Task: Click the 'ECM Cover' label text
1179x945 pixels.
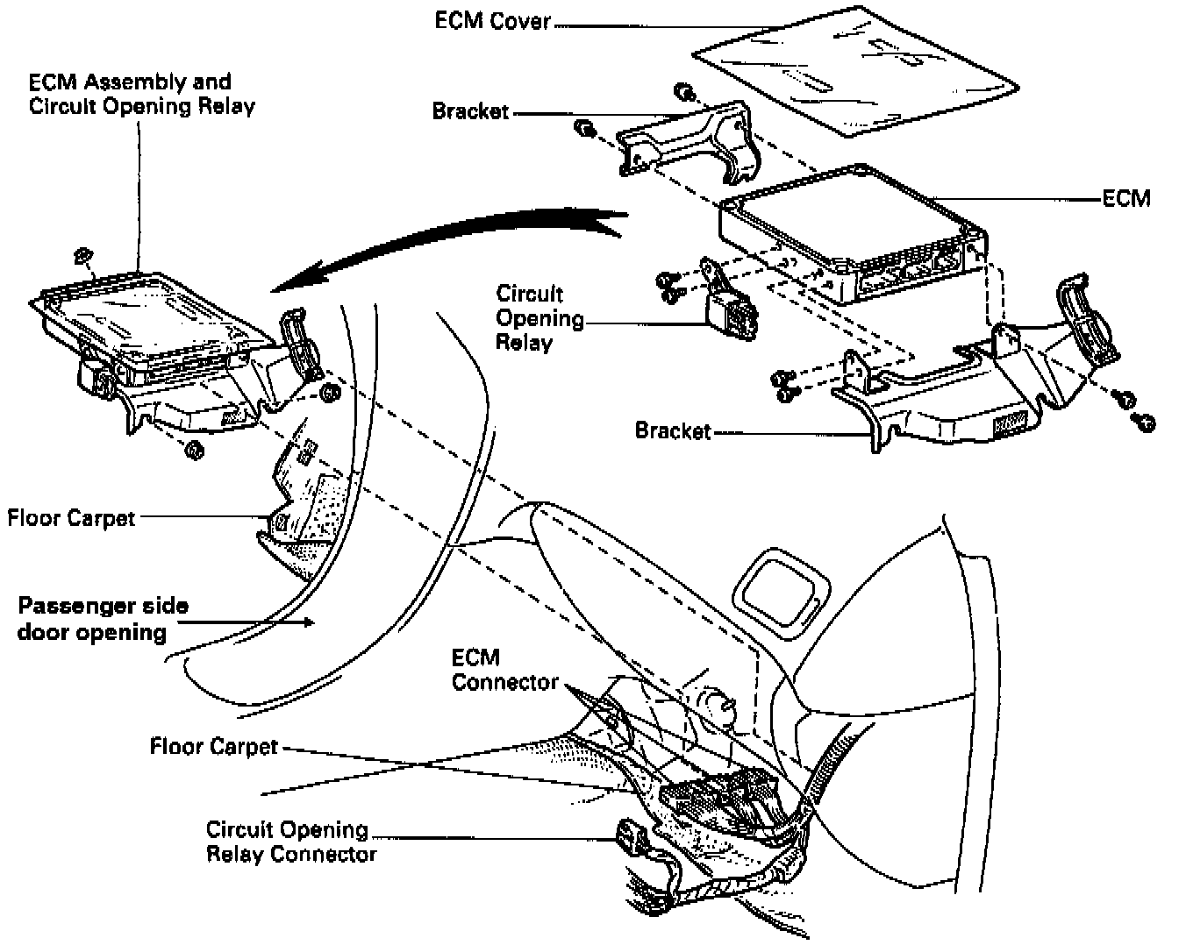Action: [x=492, y=21]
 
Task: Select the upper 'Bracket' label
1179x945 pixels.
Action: [x=470, y=111]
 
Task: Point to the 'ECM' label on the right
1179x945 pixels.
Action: [x=1126, y=198]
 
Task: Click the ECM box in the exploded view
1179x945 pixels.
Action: [x=851, y=232]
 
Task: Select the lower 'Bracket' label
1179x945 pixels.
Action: [x=673, y=431]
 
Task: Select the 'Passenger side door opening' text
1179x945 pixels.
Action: [x=104, y=619]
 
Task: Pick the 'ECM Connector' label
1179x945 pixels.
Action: [x=504, y=670]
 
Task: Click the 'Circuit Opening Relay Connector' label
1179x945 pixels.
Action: [x=291, y=842]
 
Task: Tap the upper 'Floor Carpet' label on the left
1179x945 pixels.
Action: [x=71, y=517]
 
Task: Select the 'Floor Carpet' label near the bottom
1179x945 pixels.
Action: [x=213, y=747]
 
